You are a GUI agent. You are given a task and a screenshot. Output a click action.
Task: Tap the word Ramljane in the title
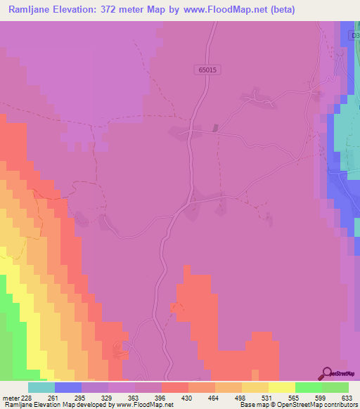pyautogui.click(x=32, y=9)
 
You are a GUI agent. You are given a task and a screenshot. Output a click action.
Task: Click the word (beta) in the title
pyautogui.click(x=278, y=9)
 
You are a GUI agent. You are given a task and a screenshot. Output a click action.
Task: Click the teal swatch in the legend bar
pyautogui.click(x=41, y=387)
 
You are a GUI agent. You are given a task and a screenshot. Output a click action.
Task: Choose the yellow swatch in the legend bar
pyautogui.click(x=282, y=387)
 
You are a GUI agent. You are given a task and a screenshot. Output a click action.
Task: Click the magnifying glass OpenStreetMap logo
pyautogui.click(x=326, y=373)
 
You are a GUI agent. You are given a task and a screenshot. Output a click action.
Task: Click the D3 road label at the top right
pyautogui.click(x=354, y=35)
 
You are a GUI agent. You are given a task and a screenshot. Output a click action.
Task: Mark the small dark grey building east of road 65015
pyautogui.click(x=215, y=128)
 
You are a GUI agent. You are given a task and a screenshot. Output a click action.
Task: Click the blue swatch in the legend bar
pyautogui.click(x=68, y=387)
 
